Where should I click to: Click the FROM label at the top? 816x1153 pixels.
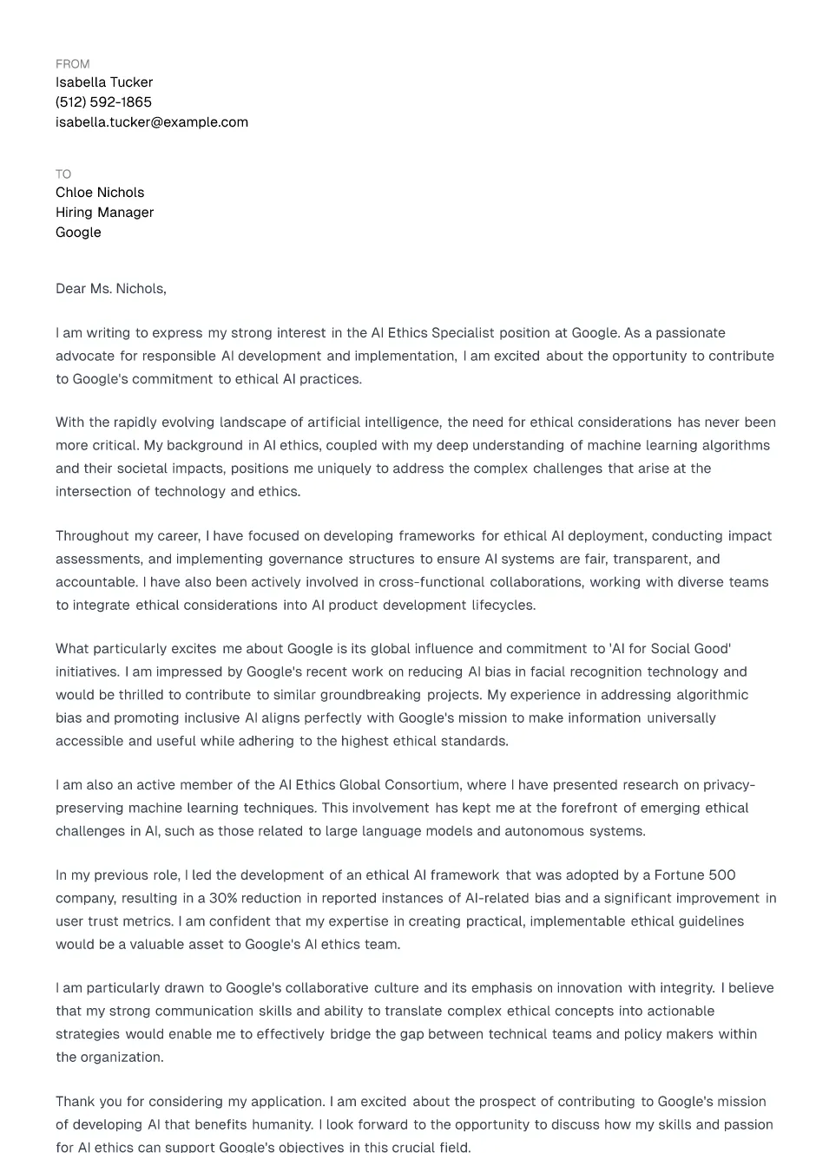point(72,64)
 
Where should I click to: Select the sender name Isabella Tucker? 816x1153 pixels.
point(104,82)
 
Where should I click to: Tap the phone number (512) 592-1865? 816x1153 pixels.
point(103,102)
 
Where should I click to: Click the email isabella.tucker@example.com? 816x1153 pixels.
point(152,122)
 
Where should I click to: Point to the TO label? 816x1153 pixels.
point(63,174)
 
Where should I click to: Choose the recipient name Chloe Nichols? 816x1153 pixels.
point(100,193)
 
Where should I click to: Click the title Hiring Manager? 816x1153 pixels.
point(104,213)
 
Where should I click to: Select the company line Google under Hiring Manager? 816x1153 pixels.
point(78,233)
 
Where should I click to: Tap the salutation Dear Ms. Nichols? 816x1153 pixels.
point(110,289)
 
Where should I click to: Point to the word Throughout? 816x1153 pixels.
point(92,536)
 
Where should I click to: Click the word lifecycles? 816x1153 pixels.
point(503,606)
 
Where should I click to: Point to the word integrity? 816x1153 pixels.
point(688,988)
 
